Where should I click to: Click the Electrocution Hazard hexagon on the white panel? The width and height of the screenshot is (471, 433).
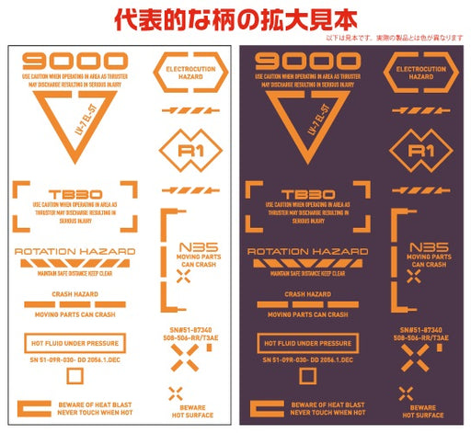click(x=190, y=73)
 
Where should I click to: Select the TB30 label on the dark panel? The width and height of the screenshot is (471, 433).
click(x=308, y=195)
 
